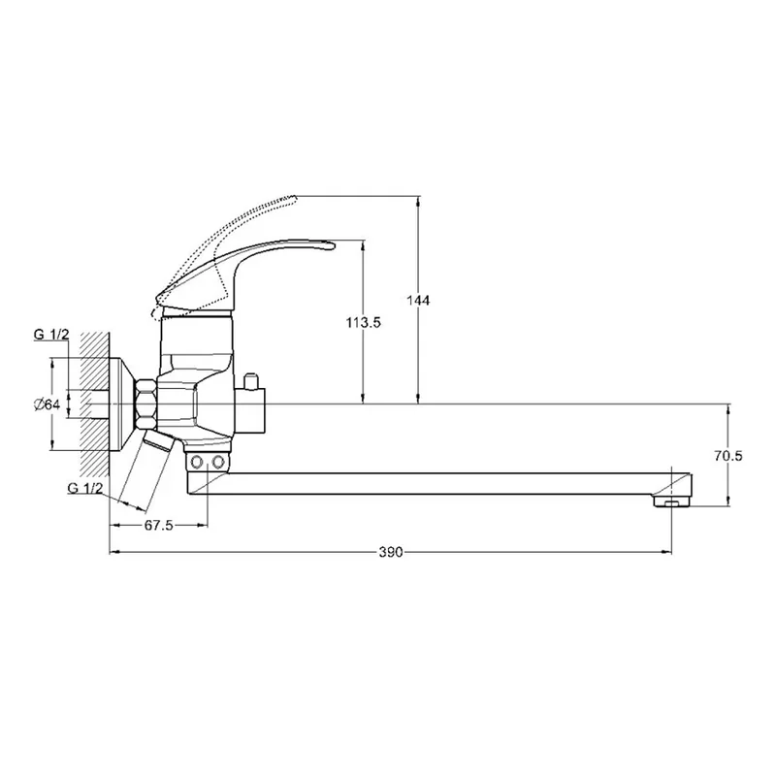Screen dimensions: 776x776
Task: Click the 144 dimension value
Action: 418,300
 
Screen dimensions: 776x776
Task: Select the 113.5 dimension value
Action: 363,323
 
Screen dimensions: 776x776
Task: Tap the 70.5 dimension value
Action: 728,456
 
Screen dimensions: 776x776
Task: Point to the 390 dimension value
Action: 391,552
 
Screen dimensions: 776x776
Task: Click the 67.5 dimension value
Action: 158,525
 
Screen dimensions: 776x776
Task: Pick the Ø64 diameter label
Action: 47,404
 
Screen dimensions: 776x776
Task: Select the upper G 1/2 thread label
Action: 51,335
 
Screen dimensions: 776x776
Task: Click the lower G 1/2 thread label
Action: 85,488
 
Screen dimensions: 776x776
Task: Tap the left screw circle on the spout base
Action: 197,463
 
